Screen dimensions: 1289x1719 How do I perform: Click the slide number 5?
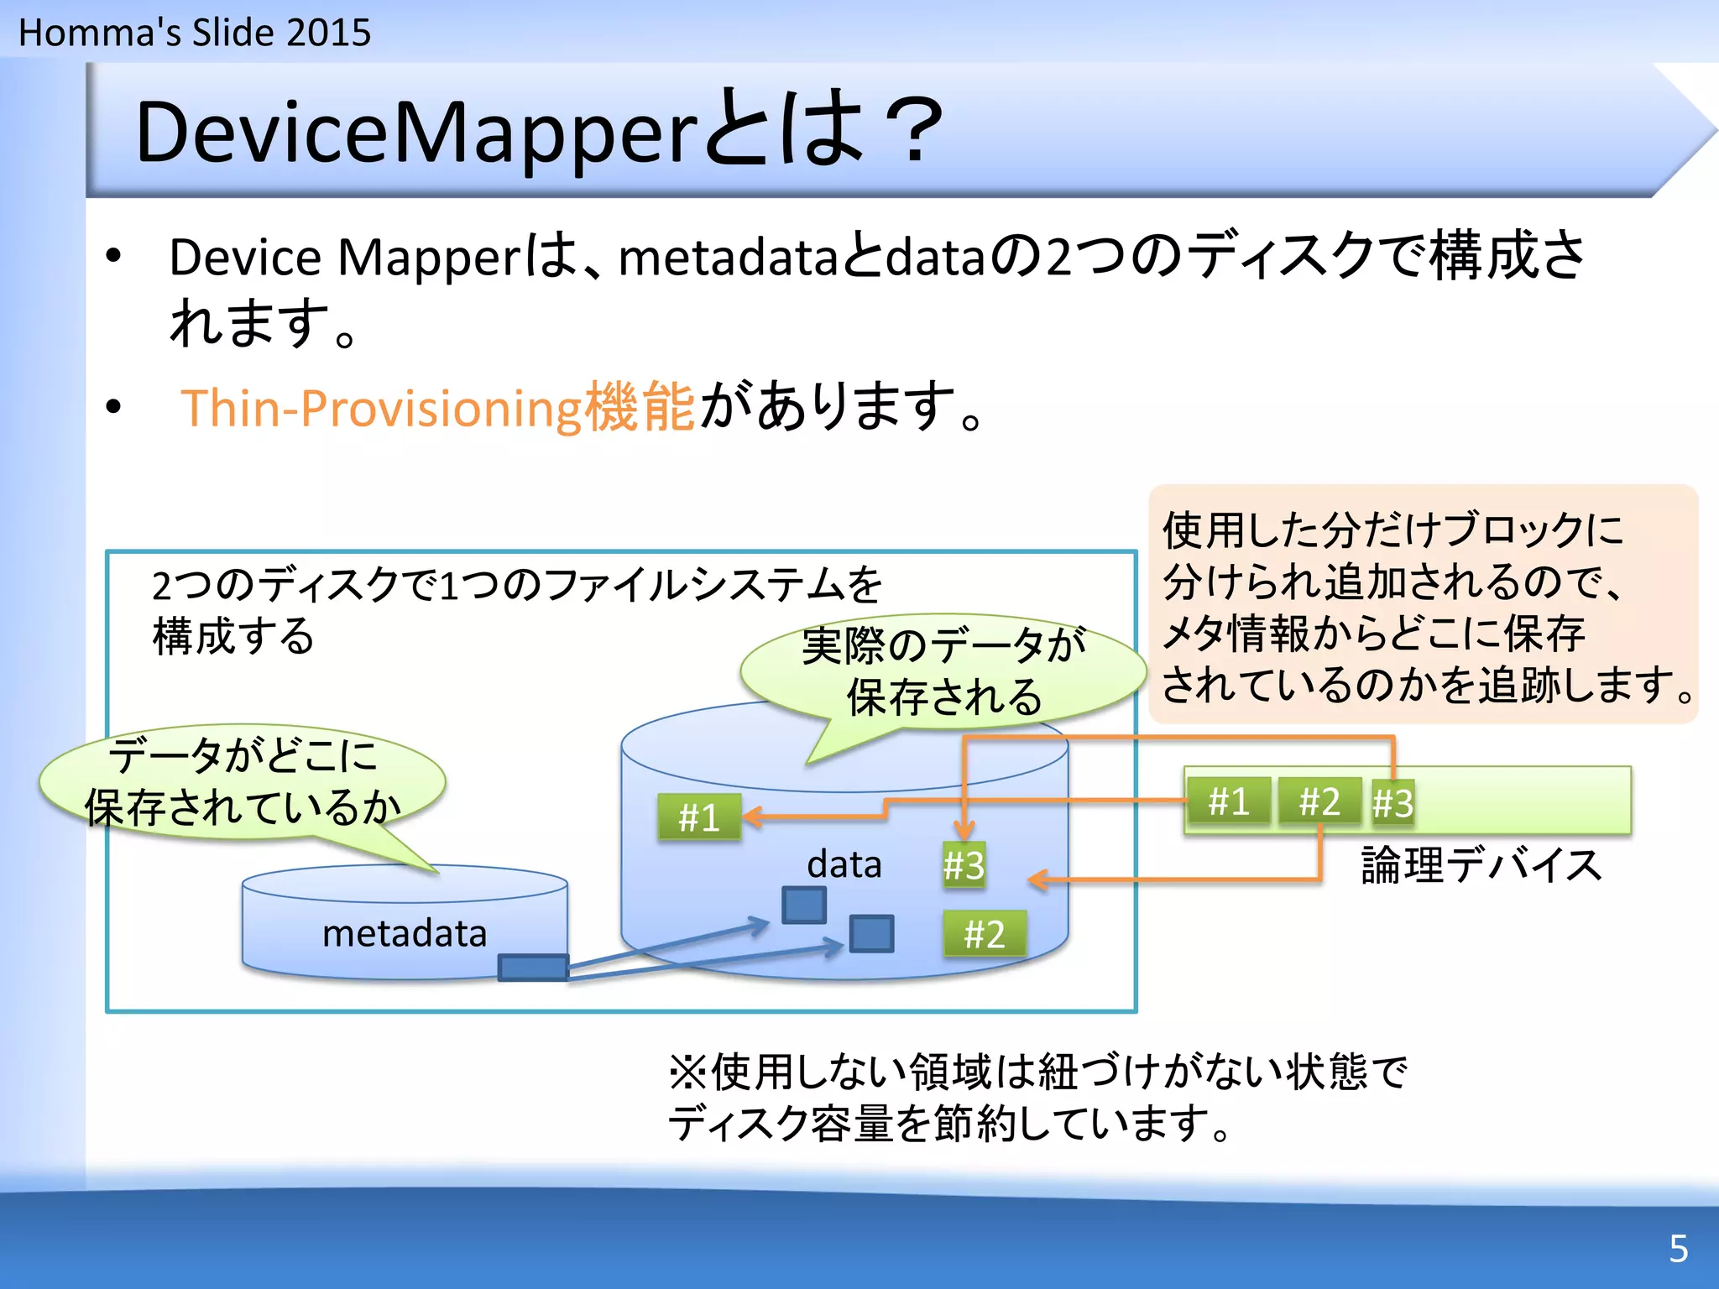point(1678,1249)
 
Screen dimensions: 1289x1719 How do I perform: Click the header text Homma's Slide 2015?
point(194,33)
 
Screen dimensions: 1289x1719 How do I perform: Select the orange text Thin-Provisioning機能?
point(437,408)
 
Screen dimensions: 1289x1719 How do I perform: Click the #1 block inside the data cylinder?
point(698,817)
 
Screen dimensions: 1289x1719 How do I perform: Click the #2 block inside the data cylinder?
point(984,934)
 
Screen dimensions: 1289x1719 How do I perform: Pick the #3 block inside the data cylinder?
point(963,865)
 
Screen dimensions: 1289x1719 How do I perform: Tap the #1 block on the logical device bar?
point(1228,801)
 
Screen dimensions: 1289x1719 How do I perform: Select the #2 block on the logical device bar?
point(1319,801)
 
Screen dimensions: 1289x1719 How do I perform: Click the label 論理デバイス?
point(1481,865)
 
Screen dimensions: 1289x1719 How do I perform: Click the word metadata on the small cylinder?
point(404,933)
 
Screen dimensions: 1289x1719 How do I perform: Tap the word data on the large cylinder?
point(844,864)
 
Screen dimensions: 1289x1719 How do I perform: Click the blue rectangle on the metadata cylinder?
point(532,968)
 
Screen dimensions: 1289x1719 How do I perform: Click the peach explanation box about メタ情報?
point(1423,604)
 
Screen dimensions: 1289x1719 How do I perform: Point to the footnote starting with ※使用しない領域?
point(1037,1097)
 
